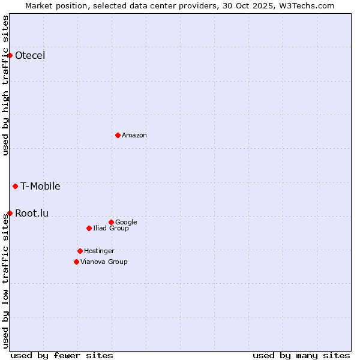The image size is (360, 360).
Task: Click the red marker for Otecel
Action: pyautogui.click(x=10, y=56)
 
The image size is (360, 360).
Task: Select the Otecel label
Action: pyautogui.click(x=30, y=56)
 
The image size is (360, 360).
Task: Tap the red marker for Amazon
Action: pyautogui.click(x=118, y=135)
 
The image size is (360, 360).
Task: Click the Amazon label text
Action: pyautogui.click(x=134, y=136)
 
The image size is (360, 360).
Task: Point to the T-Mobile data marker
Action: pyautogui.click(x=15, y=186)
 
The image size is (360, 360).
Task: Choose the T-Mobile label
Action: pyautogui.click(x=40, y=186)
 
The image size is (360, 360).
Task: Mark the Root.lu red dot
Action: pyautogui.click(x=10, y=213)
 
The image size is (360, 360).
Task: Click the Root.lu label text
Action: pyautogui.click(x=32, y=213)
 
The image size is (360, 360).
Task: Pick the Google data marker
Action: pyautogui.click(x=111, y=222)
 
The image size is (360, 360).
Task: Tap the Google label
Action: pyautogui.click(x=126, y=223)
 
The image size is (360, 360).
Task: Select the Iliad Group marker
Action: pyautogui.click(x=89, y=228)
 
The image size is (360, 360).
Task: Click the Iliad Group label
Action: pyautogui.click(x=111, y=229)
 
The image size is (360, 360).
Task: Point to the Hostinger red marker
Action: pyautogui.click(x=80, y=251)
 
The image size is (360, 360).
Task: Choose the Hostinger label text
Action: pyautogui.click(x=99, y=251)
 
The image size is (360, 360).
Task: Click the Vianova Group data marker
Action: pyautogui.click(x=76, y=262)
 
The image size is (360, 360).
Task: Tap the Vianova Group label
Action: pyautogui.click(x=104, y=262)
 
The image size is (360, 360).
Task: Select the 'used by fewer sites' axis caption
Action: pyautogui.click(x=62, y=355)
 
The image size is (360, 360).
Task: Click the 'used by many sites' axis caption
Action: pyautogui.click(x=301, y=355)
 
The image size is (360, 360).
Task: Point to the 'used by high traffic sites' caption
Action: pyautogui.click(x=5, y=85)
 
